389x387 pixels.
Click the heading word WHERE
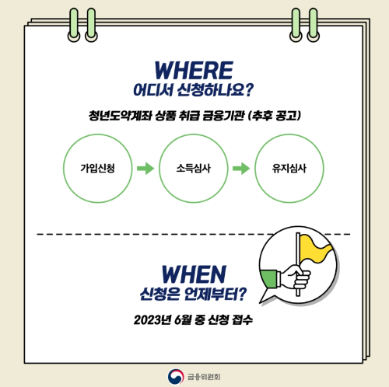[x=194, y=69]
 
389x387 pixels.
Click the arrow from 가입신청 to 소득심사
[x=143, y=167]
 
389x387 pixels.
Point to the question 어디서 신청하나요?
[x=194, y=89]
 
